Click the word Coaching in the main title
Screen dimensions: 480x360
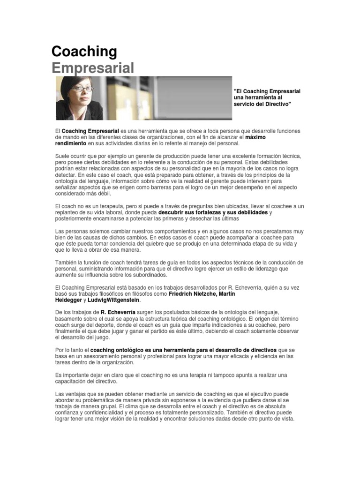click(x=84, y=52)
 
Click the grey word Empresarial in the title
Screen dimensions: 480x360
click(x=92, y=67)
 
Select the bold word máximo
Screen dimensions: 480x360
click(x=255, y=137)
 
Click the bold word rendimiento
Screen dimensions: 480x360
click(x=71, y=143)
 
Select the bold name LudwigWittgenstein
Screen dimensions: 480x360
click(x=113, y=300)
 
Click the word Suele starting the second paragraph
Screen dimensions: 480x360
click(x=62, y=156)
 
